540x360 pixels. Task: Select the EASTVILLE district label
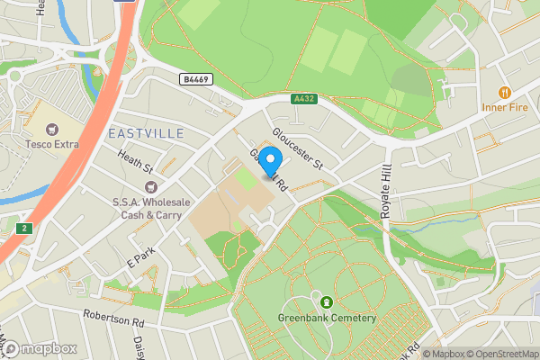coord(145,133)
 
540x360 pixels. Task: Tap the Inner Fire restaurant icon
coord(505,92)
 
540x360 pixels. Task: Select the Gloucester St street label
coord(297,148)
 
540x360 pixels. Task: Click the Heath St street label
coord(136,162)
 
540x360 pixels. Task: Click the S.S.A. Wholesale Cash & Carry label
coord(147,208)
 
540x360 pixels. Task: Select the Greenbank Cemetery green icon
coord(326,301)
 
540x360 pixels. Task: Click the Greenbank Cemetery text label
coord(326,317)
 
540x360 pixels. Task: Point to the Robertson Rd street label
coord(114,318)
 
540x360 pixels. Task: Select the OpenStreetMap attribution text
coord(503,354)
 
